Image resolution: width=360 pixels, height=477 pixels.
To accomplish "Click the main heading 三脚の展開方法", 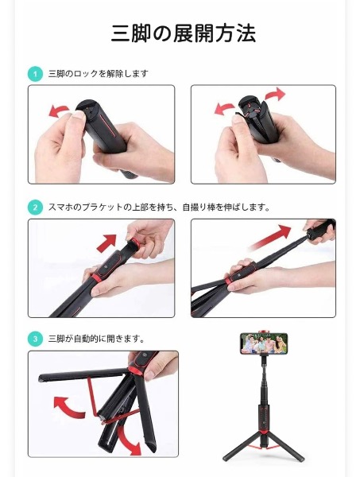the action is pos(184,33).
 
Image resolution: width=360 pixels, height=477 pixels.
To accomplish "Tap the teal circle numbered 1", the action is pos(35,74).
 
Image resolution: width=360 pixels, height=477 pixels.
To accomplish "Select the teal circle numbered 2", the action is pos(35,207).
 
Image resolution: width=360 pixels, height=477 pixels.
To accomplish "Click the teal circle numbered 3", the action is pos(35,339).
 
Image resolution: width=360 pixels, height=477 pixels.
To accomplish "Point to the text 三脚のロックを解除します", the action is pos(99,74).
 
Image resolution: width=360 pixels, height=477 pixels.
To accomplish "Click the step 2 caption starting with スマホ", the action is pos(159,207).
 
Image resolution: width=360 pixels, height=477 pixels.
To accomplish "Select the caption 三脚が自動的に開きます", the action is pos(96,339).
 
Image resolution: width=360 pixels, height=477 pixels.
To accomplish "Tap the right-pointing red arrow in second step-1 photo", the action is pos(275,94).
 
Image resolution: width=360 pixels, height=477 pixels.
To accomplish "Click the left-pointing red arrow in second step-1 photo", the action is pos(224,109).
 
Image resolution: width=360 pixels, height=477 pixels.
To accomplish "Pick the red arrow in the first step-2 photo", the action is pos(107,242).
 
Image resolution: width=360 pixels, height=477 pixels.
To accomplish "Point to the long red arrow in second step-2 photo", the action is pos(271,237).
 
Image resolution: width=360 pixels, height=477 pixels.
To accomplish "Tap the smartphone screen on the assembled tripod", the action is pos(264,343).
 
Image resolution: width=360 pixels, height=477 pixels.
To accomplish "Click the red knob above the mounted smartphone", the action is pos(264,331).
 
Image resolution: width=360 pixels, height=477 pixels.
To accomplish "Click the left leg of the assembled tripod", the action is pos(242,447).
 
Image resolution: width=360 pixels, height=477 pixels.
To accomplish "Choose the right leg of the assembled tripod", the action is pos(285,447).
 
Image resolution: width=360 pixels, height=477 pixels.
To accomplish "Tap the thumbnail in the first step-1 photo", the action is pos(78,115).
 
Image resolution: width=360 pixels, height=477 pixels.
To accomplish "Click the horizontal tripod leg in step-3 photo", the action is pos(83,374).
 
